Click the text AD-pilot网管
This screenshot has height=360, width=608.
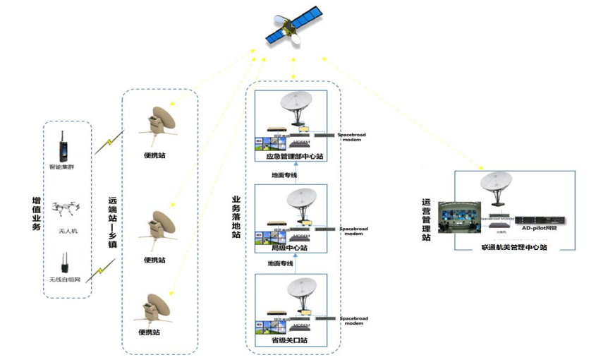(540, 229)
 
